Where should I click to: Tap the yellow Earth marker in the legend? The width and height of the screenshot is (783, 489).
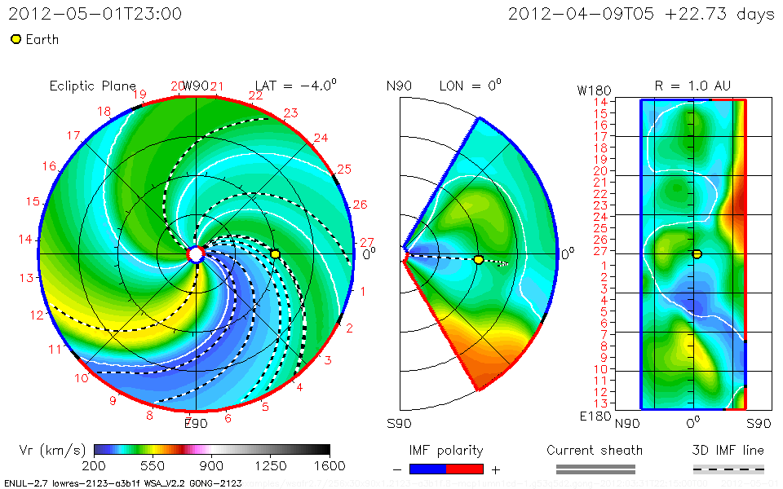coord(15,39)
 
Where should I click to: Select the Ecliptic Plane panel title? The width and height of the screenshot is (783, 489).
coord(92,86)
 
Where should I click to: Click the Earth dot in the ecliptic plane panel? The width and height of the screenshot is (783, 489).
coord(276,254)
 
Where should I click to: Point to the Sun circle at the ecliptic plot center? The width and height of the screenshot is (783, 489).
coord(196,254)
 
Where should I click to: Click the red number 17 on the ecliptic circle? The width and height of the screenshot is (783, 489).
coord(73,135)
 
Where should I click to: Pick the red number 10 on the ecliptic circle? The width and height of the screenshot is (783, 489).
coord(82,378)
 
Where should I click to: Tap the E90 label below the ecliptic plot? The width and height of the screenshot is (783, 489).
coord(196,422)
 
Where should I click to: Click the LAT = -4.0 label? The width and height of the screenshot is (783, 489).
coord(296,86)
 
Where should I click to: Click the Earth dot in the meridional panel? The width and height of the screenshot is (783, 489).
coord(479,259)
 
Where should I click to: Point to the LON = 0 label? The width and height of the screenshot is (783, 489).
coord(471,86)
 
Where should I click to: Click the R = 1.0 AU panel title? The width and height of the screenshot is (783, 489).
coord(692,86)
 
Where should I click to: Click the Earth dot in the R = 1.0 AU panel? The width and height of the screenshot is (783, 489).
coord(697,254)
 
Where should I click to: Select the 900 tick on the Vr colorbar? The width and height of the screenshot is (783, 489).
coord(212,466)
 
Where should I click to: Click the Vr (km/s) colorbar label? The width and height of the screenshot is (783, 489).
coord(52,450)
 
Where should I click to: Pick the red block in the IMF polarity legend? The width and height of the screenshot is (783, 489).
coord(465,469)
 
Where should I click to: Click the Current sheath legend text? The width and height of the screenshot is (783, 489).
coord(595,450)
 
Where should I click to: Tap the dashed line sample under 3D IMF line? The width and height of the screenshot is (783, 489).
coord(728,469)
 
